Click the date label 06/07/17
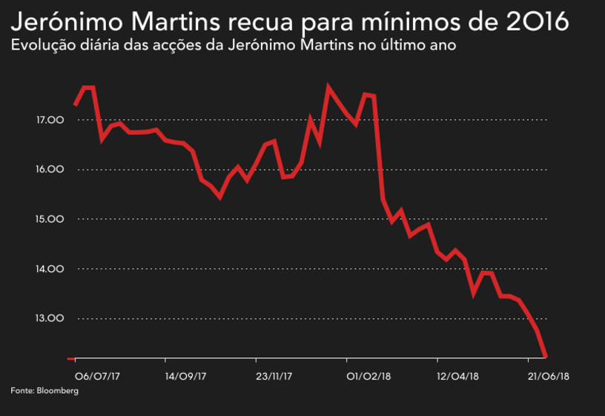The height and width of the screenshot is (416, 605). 99,376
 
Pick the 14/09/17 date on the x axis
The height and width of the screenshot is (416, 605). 185,376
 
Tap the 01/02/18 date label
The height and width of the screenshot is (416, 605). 368,376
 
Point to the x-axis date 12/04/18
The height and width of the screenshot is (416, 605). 457,376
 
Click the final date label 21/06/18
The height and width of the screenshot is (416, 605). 547,376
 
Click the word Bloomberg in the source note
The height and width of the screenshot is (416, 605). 57,390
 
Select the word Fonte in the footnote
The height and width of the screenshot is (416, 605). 22,390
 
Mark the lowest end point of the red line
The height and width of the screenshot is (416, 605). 546,357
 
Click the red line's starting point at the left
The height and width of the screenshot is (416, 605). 75,105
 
